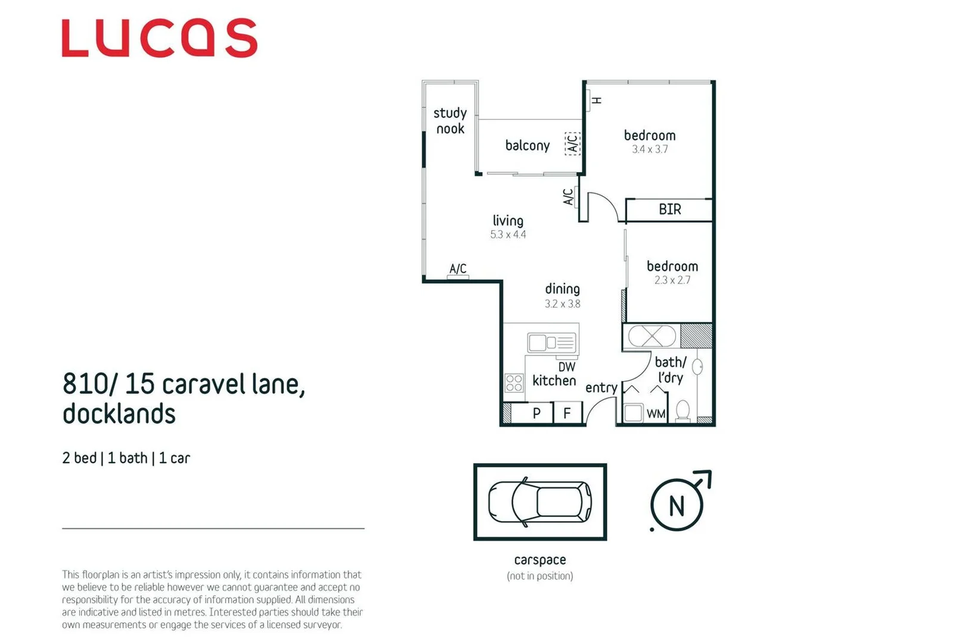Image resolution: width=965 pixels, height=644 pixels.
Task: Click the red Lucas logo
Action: click(x=159, y=38)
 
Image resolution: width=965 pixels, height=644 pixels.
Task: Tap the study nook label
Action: click(x=450, y=121)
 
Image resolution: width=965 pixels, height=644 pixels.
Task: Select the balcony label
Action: click(x=527, y=145)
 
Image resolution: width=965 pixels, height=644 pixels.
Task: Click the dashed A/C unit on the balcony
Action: click(x=572, y=144)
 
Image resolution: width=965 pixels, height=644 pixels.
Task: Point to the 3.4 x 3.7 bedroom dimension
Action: click(x=650, y=150)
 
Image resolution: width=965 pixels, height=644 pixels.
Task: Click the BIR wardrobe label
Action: click(x=669, y=209)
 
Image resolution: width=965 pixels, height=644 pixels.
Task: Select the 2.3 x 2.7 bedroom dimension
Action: click(x=672, y=280)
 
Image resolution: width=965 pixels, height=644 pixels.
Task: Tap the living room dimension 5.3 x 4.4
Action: click(x=508, y=235)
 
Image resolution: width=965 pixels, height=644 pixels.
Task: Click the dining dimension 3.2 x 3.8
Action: click(x=562, y=304)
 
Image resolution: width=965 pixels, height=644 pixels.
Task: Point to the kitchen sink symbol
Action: click(x=552, y=343)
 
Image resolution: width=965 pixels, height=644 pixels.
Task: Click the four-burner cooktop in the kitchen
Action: click(x=514, y=383)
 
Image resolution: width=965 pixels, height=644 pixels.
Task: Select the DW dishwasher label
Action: click(x=566, y=367)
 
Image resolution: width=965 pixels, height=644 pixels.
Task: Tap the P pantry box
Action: click(x=536, y=413)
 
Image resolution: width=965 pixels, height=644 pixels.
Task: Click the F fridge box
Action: click(x=567, y=413)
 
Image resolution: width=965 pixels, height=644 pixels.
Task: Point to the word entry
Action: click(x=601, y=388)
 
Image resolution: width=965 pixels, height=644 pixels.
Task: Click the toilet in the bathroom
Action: click(x=683, y=411)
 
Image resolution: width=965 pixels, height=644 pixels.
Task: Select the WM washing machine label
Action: click(x=656, y=414)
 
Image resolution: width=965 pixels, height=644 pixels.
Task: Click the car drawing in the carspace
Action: click(x=539, y=502)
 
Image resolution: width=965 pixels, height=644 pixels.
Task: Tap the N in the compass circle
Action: click(x=677, y=506)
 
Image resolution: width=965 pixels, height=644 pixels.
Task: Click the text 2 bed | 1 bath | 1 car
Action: click(x=126, y=458)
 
